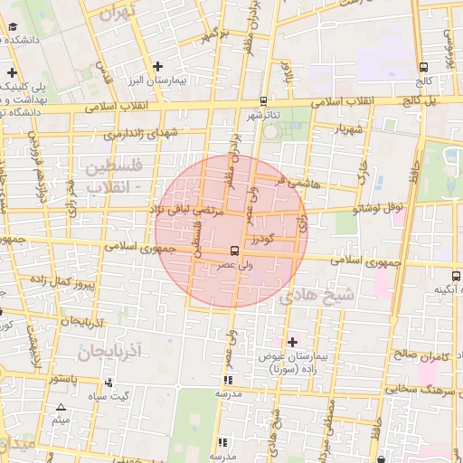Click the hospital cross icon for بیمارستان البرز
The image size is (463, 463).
pos(158,66)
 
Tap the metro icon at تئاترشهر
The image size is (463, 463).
pos(263,101)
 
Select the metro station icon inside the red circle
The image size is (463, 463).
pos(234,250)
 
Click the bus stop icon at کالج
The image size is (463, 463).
pos(424,66)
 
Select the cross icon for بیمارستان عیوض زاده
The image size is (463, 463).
pos(291,342)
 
